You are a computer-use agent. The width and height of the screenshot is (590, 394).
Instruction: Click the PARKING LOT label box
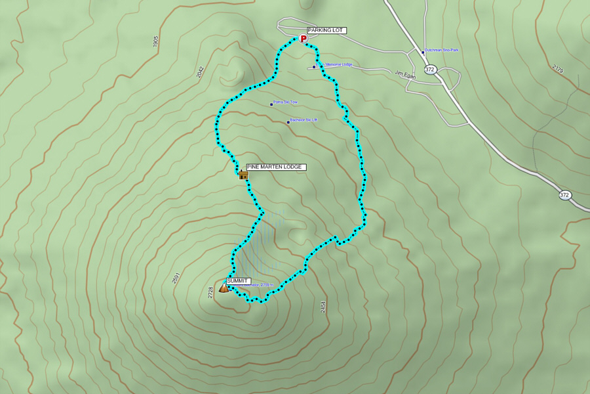point(326,30)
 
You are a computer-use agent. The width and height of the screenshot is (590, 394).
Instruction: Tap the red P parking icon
point(304,39)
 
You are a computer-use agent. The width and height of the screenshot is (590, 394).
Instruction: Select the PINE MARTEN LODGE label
point(275,167)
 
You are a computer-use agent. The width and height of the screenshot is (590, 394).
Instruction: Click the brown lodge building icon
point(243,175)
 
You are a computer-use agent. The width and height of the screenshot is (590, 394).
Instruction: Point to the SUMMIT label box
point(239,281)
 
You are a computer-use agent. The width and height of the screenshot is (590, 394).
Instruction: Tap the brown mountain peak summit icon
point(224,288)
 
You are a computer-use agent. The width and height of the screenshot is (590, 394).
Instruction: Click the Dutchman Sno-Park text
point(441,50)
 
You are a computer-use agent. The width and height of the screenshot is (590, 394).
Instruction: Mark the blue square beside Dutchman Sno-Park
point(422,51)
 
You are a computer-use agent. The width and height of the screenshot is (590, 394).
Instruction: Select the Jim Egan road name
point(406,73)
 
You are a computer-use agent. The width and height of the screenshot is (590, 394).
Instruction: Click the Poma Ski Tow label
point(286,102)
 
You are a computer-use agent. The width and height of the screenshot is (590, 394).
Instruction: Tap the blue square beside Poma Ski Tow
point(271,104)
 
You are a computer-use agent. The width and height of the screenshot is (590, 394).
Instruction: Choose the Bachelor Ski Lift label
point(304,120)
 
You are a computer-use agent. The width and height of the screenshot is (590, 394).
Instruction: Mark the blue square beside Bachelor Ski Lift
point(288,121)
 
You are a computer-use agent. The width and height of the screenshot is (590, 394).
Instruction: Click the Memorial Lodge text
point(339,64)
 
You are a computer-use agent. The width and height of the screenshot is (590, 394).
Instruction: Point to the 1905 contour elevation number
point(155,41)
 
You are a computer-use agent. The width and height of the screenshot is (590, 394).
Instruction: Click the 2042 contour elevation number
point(200,72)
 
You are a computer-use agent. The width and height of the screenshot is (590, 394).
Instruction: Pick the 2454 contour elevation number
point(323,306)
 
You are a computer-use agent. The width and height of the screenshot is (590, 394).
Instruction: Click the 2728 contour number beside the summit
point(210,292)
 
